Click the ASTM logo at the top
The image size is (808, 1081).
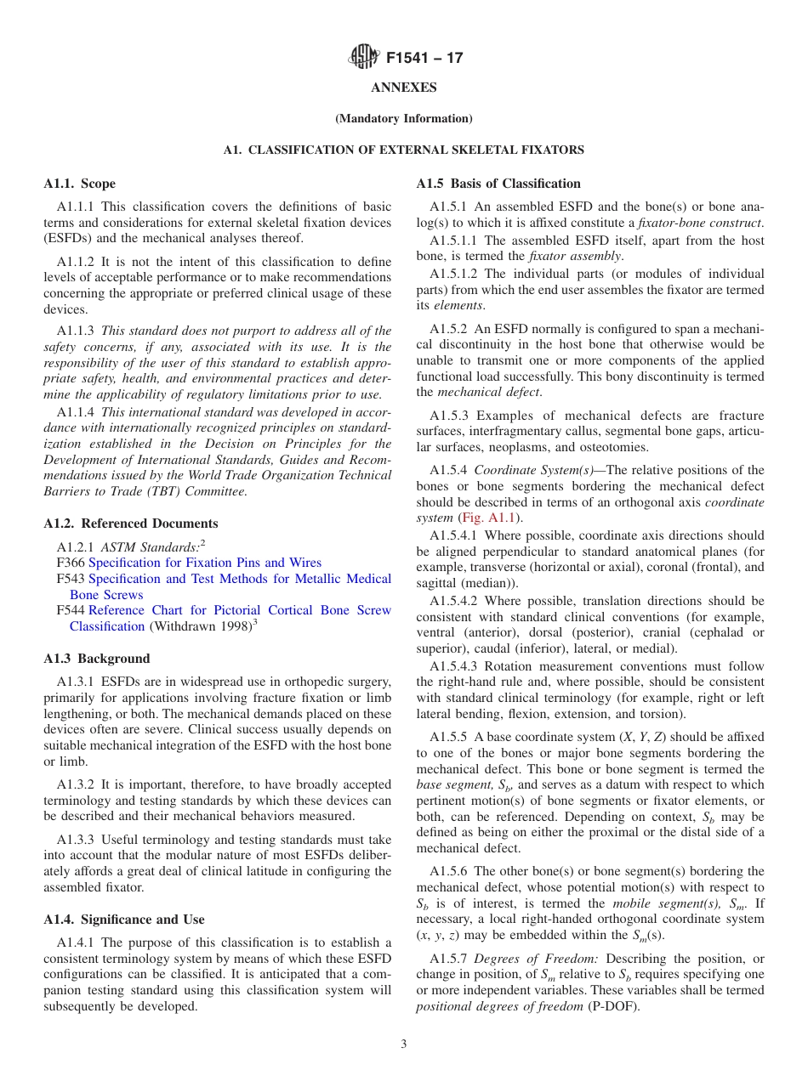point(363,58)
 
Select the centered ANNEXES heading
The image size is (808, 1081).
point(403,88)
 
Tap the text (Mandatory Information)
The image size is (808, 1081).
point(403,118)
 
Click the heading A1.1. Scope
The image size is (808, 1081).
point(79,184)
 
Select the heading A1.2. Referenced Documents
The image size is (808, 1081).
point(130,524)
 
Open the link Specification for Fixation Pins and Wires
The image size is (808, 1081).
point(205,563)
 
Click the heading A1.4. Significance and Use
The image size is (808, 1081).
point(123,920)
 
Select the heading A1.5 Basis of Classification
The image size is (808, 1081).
point(498,184)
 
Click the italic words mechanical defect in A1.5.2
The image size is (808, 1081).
point(488,392)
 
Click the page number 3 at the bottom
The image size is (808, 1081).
point(403,1044)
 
